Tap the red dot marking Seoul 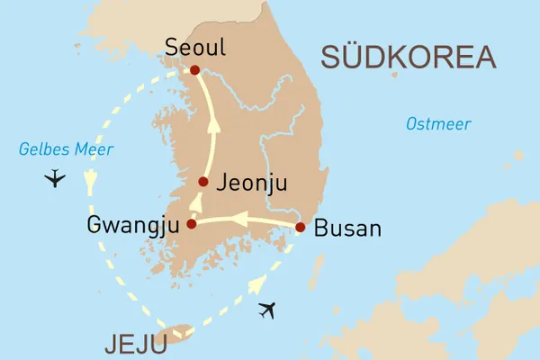[x=194, y=70]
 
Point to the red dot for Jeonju [x=203, y=182]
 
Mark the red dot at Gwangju [x=191, y=224]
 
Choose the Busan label [x=349, y=229]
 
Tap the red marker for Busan [x=301, y=228]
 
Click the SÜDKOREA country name [x=408, y=58]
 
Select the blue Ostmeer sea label [x=437, y=124]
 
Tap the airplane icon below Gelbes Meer [x=55, y=177]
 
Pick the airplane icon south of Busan [x=267, y=311]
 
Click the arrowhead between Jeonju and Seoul [x=214, y=127]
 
